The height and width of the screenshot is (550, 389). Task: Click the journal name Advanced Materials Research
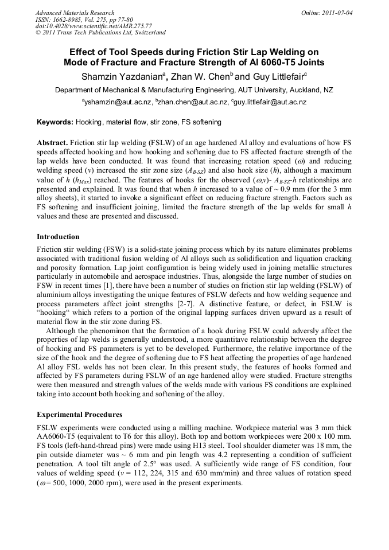pyautogui.click(x=75, y=13)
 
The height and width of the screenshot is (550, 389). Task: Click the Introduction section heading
pyautogui.click(x=58, y=237)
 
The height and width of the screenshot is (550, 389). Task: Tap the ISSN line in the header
pyautogui.click(x=72, y=19)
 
